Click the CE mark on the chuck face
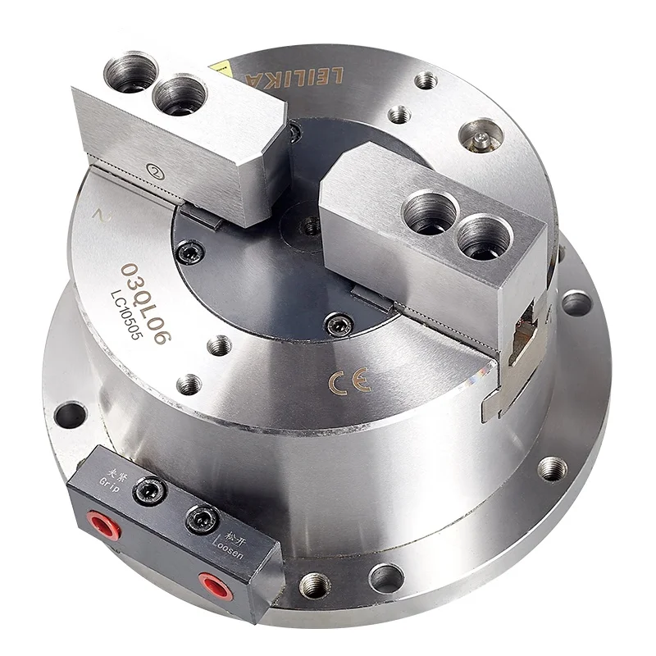click(x=349, y=381)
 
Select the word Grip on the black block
click(x=109, y=480)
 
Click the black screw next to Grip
click(x=152, y=490)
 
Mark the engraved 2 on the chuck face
click(x=99, y=216)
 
